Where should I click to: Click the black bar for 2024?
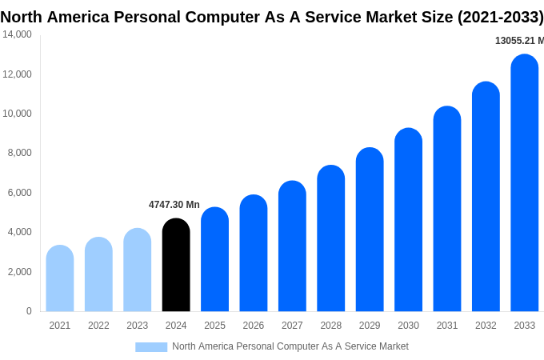pyautogui.click(x=176, y=266)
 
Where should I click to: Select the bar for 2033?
pyautogui.click(x=524, y=184)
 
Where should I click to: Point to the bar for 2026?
pyautogui.click(x=254, y=254)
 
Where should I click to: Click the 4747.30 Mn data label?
pyautogui.click(x=174, y=205)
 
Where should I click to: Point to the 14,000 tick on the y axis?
pyautogui.click(x=17, y=34)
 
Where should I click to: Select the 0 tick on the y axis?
pyautogui.click(x=29, y=311)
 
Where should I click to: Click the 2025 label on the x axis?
pyautogui.click(x=214, y=326)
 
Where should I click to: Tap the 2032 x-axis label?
pyautogui.click(x=486, y=326)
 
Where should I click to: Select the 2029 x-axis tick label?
pyautogui.click(x=370, y=326)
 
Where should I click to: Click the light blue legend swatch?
pyautogui.click(x=151, y=346)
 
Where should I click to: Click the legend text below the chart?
pyautogui.click(x=290, y=346)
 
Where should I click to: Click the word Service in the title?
pyautogui.click(x=331, y=17)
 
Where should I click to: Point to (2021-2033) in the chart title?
pyautogui.click(x=500, y=17)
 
